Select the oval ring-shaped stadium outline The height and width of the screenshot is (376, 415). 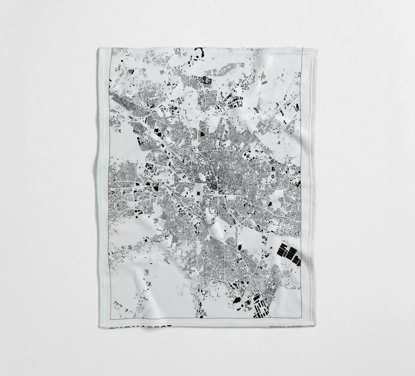[x=272, y=176]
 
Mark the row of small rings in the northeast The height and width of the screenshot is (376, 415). [x=264, y=84]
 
